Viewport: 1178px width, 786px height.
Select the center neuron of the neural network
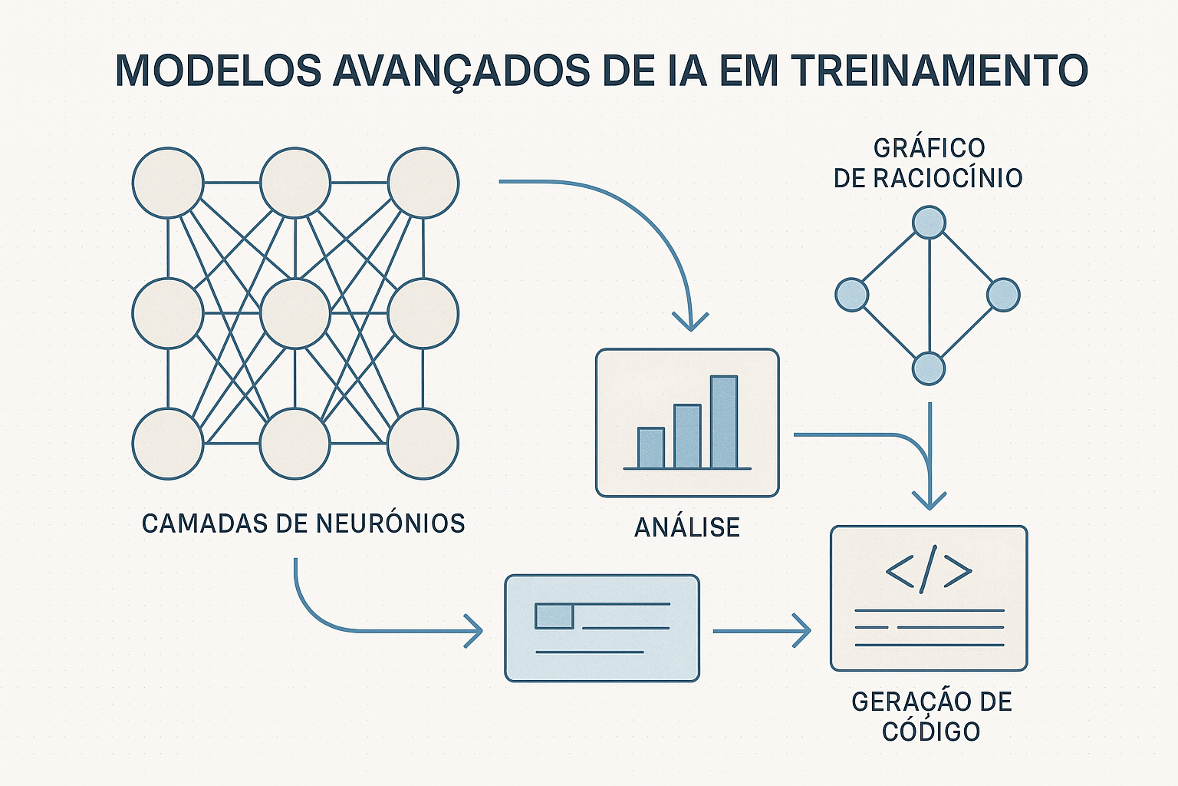295,313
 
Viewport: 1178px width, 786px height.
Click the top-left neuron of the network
168,183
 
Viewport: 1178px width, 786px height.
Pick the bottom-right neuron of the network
423,443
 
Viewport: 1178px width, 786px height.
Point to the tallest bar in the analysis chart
724,421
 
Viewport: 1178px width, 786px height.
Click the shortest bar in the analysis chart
651,447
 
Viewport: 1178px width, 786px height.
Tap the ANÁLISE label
687,527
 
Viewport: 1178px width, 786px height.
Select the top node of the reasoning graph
929,222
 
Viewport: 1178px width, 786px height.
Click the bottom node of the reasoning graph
929,368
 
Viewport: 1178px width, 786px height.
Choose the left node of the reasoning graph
851,295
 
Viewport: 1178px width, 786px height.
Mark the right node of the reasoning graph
1003,295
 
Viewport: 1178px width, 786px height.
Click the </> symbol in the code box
929,571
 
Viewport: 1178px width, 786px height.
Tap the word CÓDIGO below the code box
931,732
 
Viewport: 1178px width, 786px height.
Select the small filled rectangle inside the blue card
554,616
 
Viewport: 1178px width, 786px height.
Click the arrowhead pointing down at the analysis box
691,322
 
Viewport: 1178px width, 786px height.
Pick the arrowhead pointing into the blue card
475,631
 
